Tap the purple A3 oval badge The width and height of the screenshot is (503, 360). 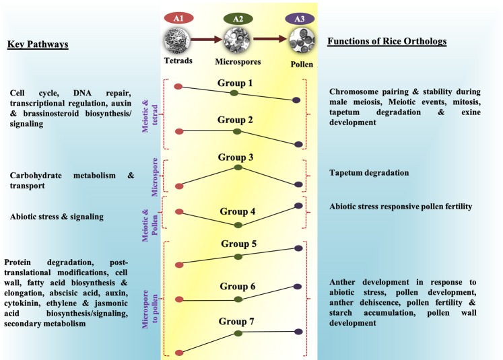tap(297, 18)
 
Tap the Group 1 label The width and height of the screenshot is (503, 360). tap(236, 83)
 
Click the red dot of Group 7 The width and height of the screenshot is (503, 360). tap(178, 353)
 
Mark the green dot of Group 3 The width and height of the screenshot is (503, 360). tap(238, 168)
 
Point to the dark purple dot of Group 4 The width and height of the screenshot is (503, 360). tap(299, 205)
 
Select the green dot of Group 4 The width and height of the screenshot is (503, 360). tap(238, 225)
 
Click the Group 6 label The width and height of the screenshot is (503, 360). tap(237, 287)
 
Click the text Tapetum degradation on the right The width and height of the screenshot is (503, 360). tap(369, 173)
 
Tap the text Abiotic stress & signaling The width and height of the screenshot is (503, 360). tap(57, 217)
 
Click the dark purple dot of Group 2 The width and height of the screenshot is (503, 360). tap(298, 144)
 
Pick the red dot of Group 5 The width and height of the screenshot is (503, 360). tap(178, 265)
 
